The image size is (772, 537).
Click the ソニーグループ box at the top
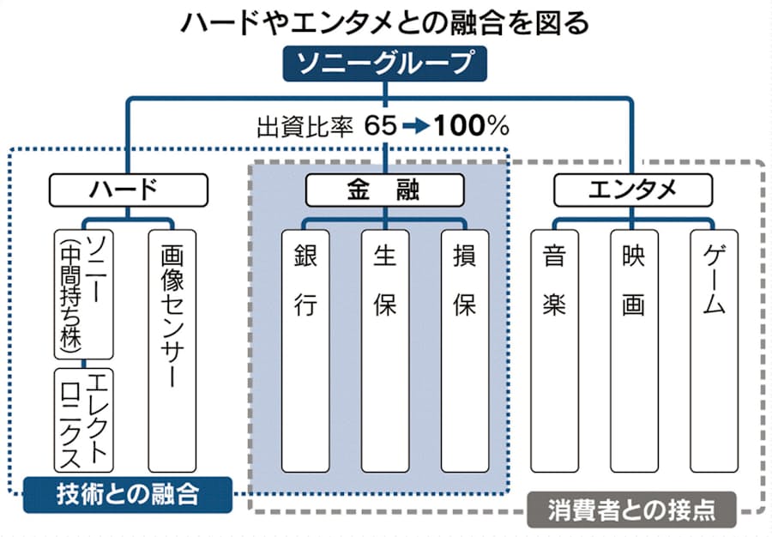(x=385, y=63)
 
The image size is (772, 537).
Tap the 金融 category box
(x=385, y=190)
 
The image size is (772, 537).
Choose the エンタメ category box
(x=633, y=190)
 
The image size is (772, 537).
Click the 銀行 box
(x=305, y=350)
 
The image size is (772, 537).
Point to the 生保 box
(x=385, y=350)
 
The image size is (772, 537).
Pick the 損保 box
(x=465, y=350)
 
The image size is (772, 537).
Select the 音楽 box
(x=554, y=350)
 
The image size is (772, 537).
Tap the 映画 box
(x=634, y=350)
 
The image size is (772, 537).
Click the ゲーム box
(x=714, y=350)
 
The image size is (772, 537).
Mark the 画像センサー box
(x=172, y=350)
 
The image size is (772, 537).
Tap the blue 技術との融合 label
(x=128, y=494)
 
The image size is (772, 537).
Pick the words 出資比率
(x=305, y=127)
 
